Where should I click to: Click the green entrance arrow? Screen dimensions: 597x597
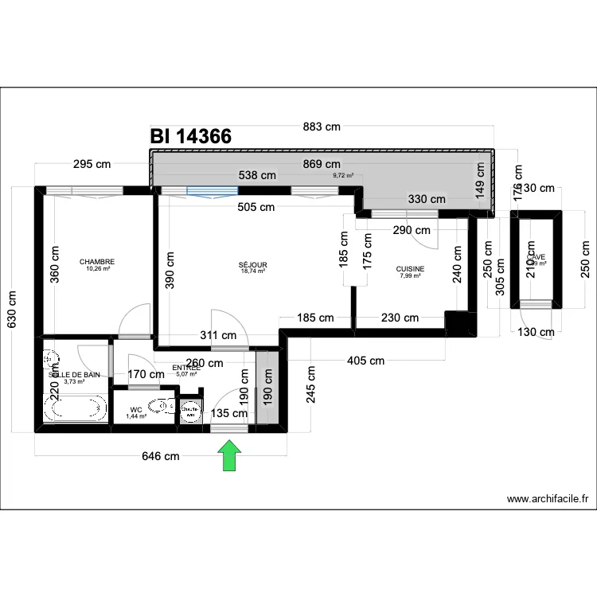pyautogui.click(x=230, y=457)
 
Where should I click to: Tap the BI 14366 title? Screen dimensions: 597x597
pyautogui.click(x=191, y=137)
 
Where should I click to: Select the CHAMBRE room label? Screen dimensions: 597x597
pyautogui.click(x=97, y=262)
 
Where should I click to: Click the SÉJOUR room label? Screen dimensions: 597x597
pyautogui.click(x=253, y=265)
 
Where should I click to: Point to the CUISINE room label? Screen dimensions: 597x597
pyautogui.click(x=411, y=270)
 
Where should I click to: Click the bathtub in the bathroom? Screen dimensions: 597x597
pyautogui.click(x=76, y=409)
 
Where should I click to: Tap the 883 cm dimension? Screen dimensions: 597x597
pyautogui.click(x=322, y=126)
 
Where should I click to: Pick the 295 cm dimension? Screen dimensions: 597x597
pyautogui.click(x=92, y=165)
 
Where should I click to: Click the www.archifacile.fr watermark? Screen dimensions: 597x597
pyautogui.click(x=548, y=500)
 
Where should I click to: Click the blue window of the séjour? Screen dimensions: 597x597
pyautogui.click(x=212, y=190)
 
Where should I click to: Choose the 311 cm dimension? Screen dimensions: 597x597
pyautogui.click(x=217, y=336)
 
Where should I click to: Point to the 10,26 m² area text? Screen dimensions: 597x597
pyautogui.click(x=97, y=269)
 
